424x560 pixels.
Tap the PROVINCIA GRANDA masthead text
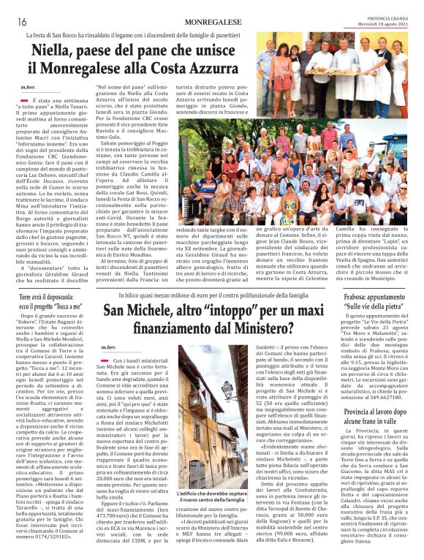pyautogui.click(x=385, y=19)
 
